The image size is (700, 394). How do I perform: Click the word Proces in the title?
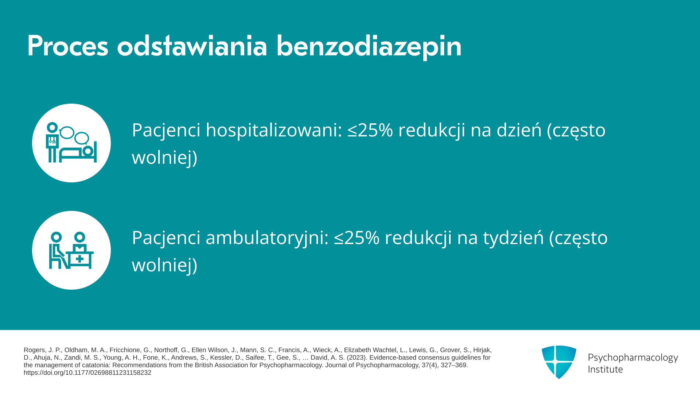pos(68,46)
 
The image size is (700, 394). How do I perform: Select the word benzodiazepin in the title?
pos(369,47)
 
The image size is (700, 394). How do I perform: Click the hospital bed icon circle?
pos(71,143)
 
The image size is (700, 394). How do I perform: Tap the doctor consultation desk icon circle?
pos(71,250)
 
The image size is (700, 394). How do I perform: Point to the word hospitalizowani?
pos(274,130)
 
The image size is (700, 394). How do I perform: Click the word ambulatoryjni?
pos(267,238)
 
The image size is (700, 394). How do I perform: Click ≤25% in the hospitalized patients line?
pos(370,130)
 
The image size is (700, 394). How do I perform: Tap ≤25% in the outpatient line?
pos(357,238)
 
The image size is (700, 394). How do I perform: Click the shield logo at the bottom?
pos(559,362)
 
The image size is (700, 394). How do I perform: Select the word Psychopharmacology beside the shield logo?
pos(633,358)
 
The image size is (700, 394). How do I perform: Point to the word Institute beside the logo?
pos(605,369)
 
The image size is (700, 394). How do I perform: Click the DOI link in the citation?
pos(87,373)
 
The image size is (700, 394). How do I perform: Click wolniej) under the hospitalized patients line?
pos(164,158)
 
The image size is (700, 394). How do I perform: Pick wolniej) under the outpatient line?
pos(164,265)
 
